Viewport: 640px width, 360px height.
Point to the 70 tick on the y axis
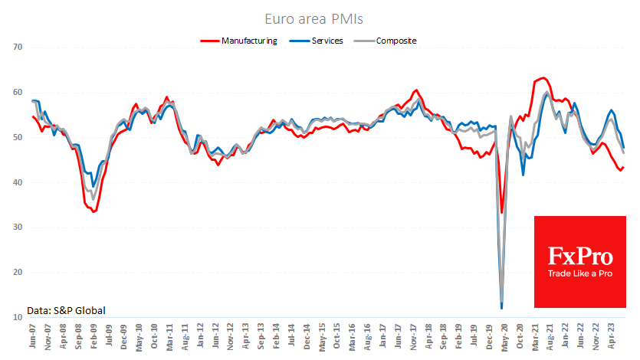point(18,47)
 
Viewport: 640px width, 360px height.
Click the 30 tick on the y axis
point(18,227)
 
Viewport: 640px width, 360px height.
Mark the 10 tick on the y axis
point(18,317)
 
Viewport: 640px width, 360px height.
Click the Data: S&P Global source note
point(66,310)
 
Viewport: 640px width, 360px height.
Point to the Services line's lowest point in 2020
point(502,308)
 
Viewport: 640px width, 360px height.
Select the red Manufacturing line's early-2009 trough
point(94,211)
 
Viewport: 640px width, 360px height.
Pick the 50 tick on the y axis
point(18,137)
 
